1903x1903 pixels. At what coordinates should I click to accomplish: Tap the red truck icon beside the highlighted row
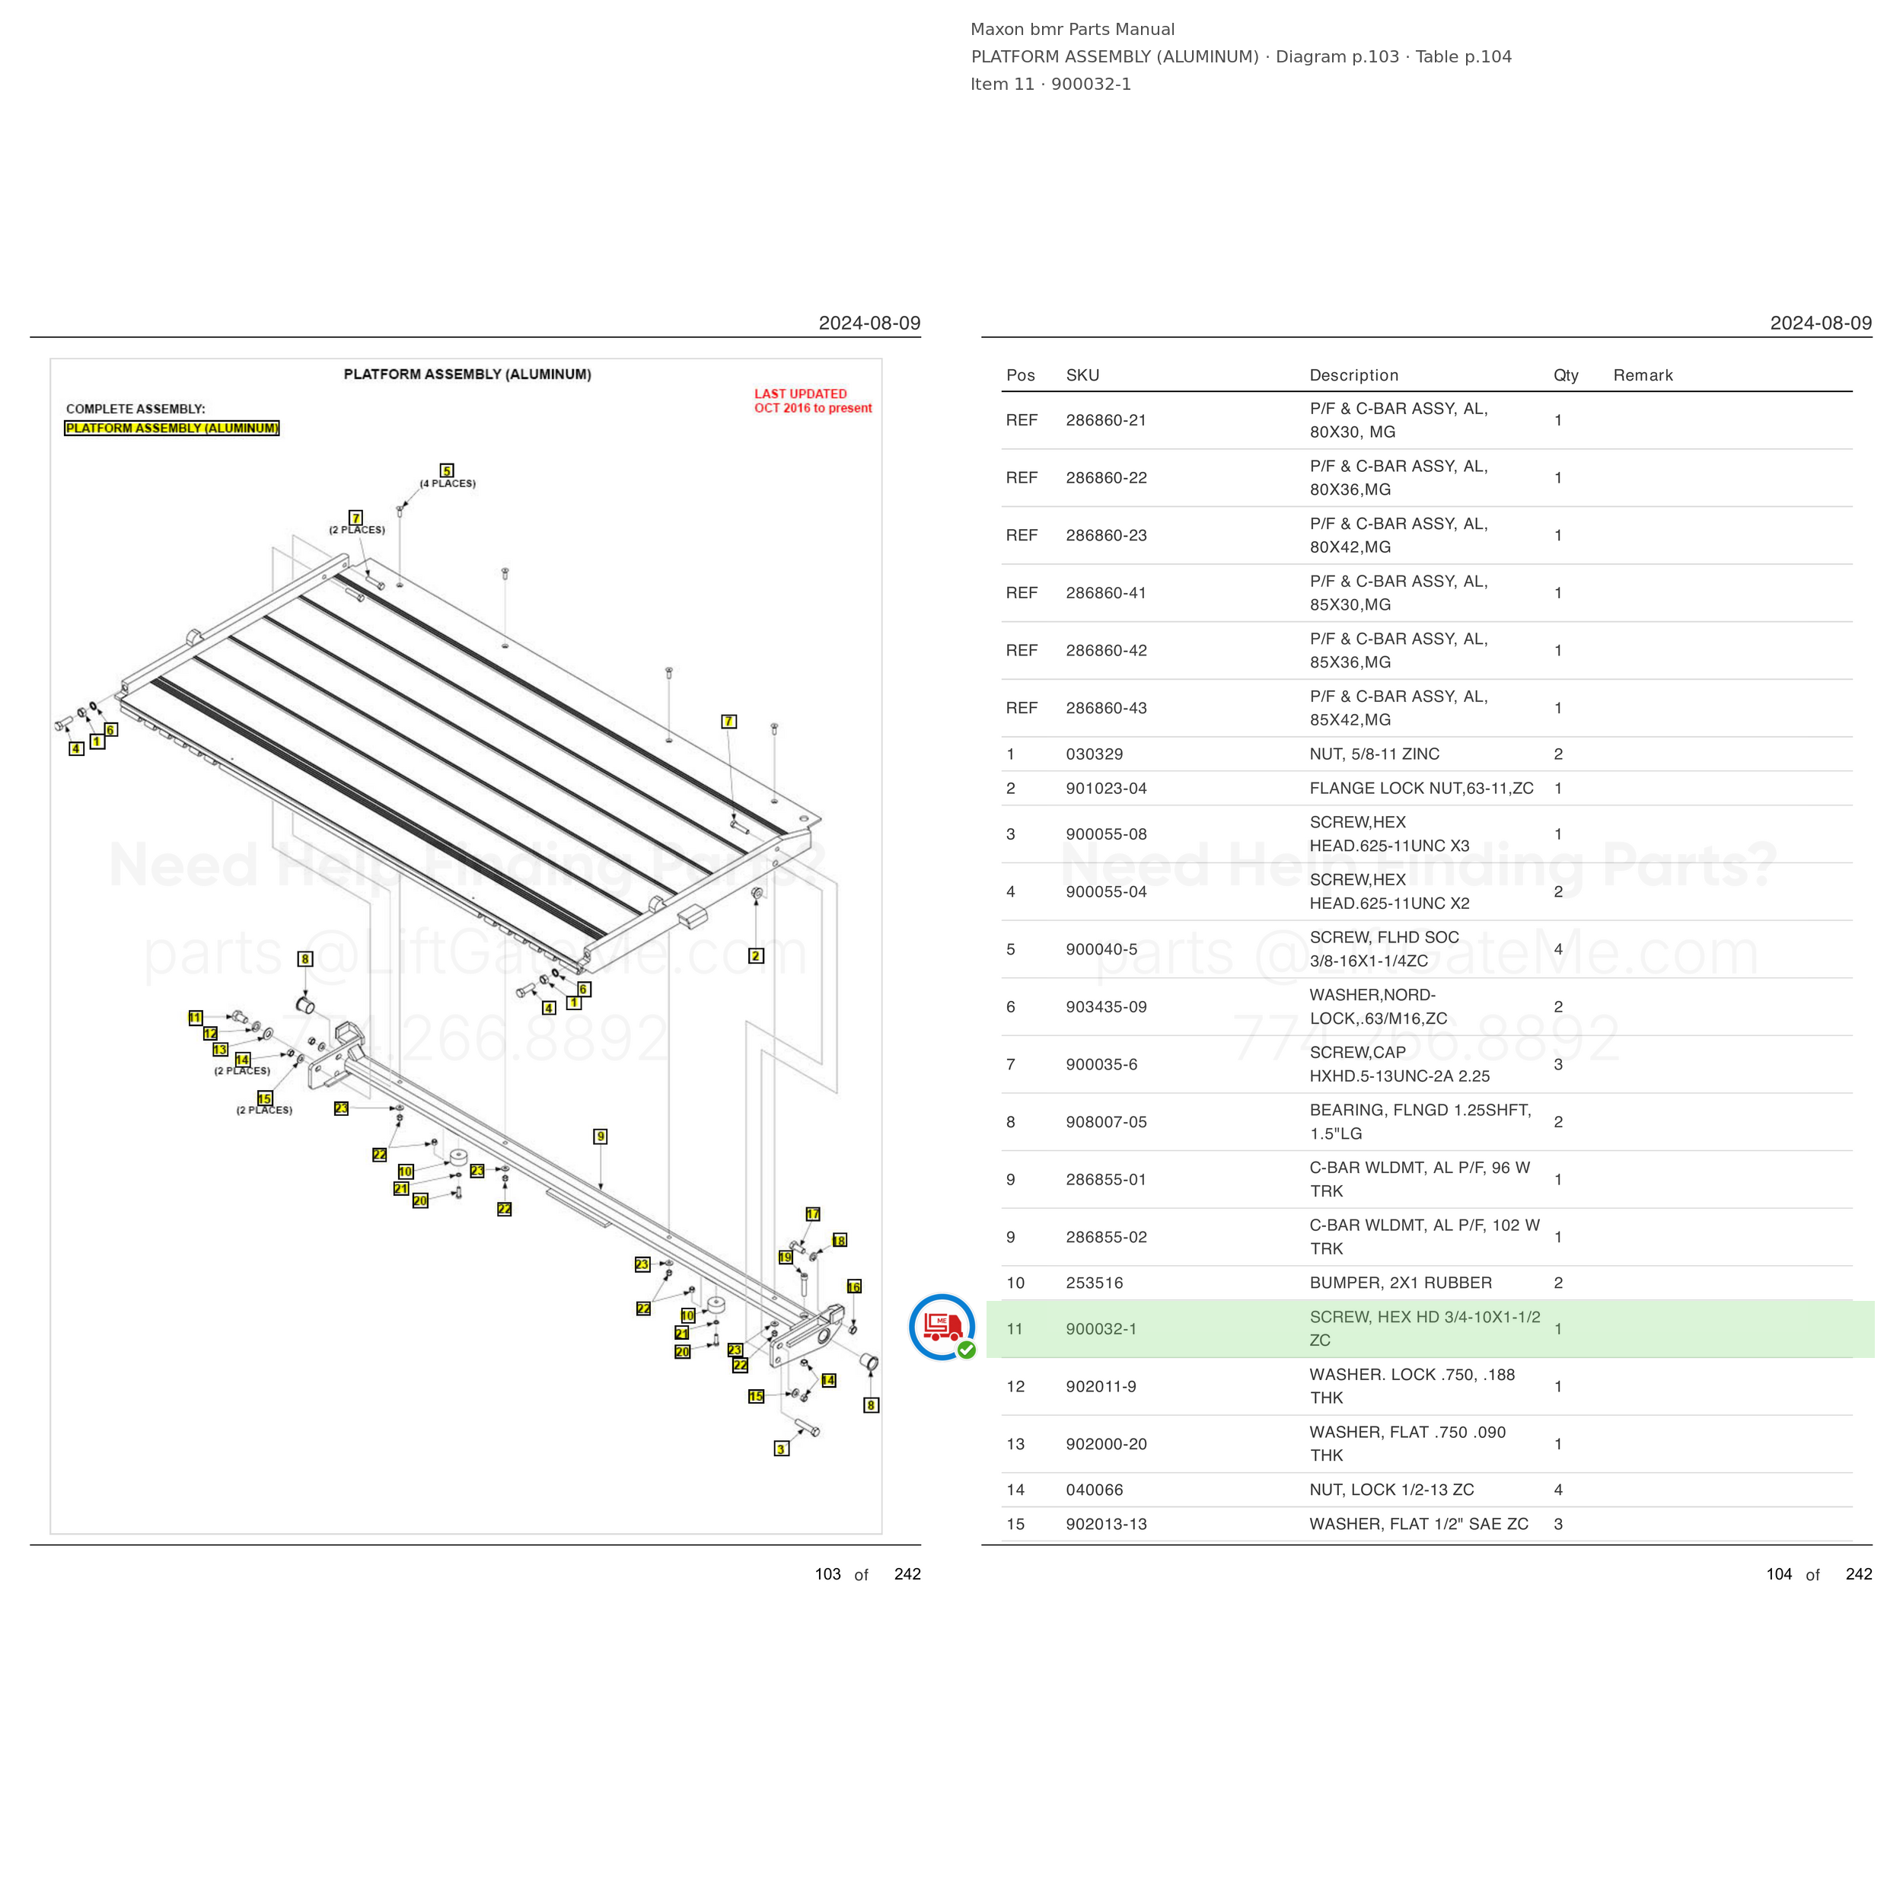point(942,1327)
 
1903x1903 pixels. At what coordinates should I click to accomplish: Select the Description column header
point(1353,375)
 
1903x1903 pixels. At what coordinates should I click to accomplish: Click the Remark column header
point(1643,375)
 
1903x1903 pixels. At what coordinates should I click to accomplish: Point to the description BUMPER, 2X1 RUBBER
point(1400,1283)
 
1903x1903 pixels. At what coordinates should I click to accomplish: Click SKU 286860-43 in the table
point(1106,708)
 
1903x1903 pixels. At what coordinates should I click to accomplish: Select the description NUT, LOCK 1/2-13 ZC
point(1391,1490)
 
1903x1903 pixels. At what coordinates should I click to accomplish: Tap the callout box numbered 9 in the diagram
point(601,1136)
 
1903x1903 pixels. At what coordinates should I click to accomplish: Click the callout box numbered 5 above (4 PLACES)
point(447,471)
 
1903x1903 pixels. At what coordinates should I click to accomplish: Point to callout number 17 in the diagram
point(813,1214)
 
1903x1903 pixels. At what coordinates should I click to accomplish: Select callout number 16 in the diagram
point(854,1286)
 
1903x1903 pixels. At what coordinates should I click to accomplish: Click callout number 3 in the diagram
point(781,1449)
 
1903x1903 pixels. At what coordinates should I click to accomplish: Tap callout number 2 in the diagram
point(755,955)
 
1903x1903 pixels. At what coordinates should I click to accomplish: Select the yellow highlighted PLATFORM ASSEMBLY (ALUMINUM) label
point(172,429)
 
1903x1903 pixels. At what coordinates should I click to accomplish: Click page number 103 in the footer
point(827,1574)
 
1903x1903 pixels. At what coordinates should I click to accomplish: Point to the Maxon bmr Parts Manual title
point(1072,30)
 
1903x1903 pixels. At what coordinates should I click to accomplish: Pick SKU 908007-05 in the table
point(1106,1122)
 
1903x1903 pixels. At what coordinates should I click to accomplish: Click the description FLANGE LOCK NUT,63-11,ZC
point(1421,788)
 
